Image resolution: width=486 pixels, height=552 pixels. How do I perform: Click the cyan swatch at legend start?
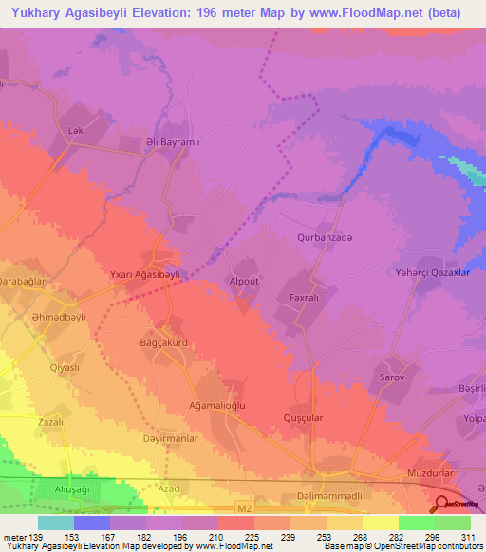click(x=56, y=523)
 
